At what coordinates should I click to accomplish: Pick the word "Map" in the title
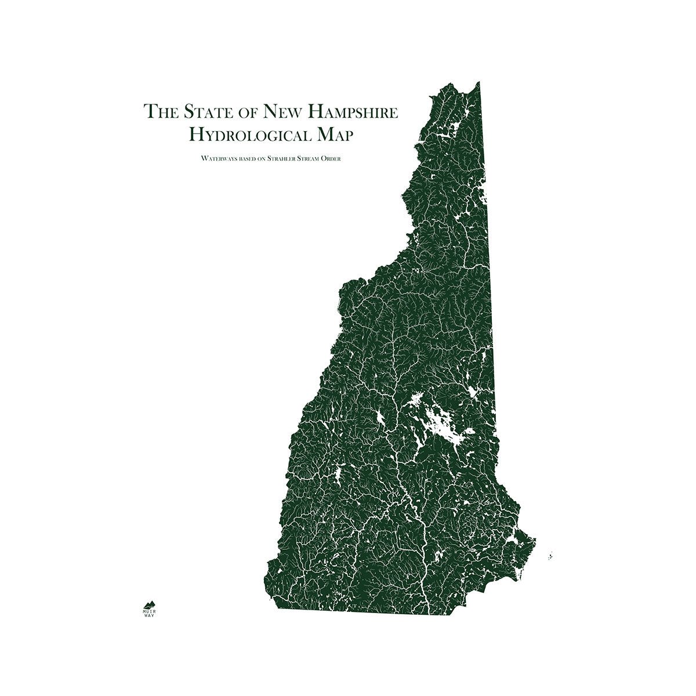point(333,135)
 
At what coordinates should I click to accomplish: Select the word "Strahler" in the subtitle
point(282,158)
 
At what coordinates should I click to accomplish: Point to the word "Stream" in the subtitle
point(310,158)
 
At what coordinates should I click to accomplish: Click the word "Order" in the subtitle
point(332,158)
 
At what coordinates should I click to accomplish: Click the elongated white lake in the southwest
point(336,476)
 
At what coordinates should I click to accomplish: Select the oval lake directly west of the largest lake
point(381,418)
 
